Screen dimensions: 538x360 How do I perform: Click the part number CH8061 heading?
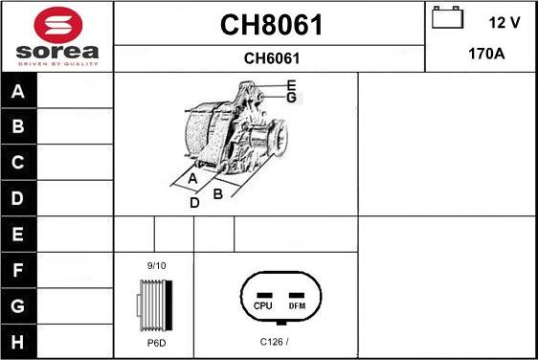(x=271, y=25)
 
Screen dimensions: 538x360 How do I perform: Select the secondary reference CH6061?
(x=272, y=58)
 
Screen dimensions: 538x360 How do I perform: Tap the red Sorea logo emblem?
(x=58, y=25)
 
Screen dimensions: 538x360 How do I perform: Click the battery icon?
(x=447, y=17)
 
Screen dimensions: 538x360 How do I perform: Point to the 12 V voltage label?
(x=504, y=23)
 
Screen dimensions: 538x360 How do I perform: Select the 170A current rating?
(x=486, y=54)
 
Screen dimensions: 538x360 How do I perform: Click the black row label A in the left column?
(x=18, y=91)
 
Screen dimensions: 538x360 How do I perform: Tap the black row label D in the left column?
(x=18, y=198)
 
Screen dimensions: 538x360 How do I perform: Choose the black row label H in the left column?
(x=18, y=342)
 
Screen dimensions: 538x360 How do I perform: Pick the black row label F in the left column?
(x=18, y=270)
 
